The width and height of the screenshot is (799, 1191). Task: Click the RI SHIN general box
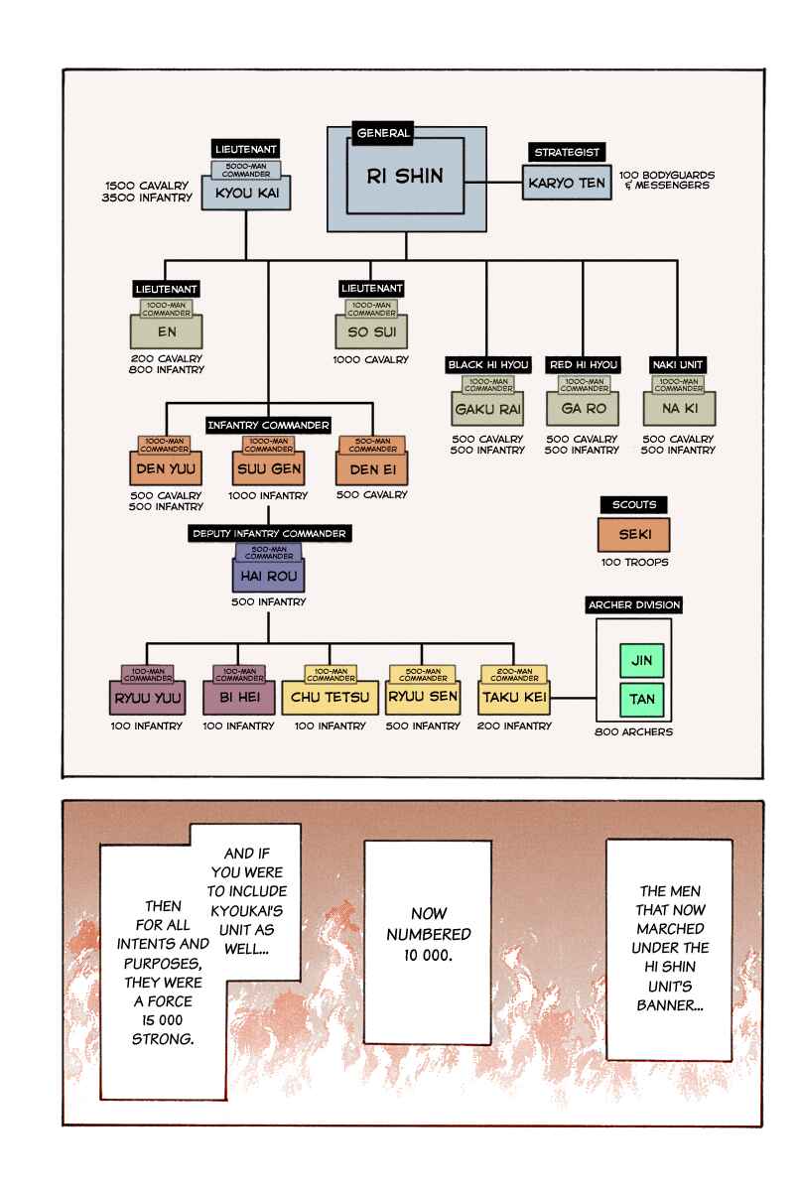point(406,177)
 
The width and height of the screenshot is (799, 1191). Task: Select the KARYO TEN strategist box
point(567,183)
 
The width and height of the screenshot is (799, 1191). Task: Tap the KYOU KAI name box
point(246,193)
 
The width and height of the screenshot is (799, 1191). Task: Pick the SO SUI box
point(371,331)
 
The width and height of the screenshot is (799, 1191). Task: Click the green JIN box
point(641,660)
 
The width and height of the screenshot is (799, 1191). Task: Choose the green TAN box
point(641,699)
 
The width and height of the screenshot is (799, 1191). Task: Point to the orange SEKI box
point(634,535)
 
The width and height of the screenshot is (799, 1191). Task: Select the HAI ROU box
point(268,576)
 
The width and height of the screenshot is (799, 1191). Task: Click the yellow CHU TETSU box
point(331,698)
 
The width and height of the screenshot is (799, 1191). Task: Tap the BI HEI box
point(239,698)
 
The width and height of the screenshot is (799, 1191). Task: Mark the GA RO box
point(583,408)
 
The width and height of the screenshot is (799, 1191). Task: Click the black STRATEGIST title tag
point(567,152)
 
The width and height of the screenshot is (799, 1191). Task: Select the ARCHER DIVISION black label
point(633,605)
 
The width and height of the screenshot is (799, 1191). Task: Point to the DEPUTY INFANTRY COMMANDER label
point(270,533)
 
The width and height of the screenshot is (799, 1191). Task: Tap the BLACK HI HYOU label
point(488,365)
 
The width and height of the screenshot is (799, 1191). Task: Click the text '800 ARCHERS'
point(633,732)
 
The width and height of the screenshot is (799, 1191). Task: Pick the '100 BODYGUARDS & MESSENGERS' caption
point(667,181)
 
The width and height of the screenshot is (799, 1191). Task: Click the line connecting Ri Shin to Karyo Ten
point(493,183)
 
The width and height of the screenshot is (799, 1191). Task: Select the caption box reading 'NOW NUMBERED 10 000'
point(428,942)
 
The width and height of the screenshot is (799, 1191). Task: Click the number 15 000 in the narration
point(162,1020)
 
